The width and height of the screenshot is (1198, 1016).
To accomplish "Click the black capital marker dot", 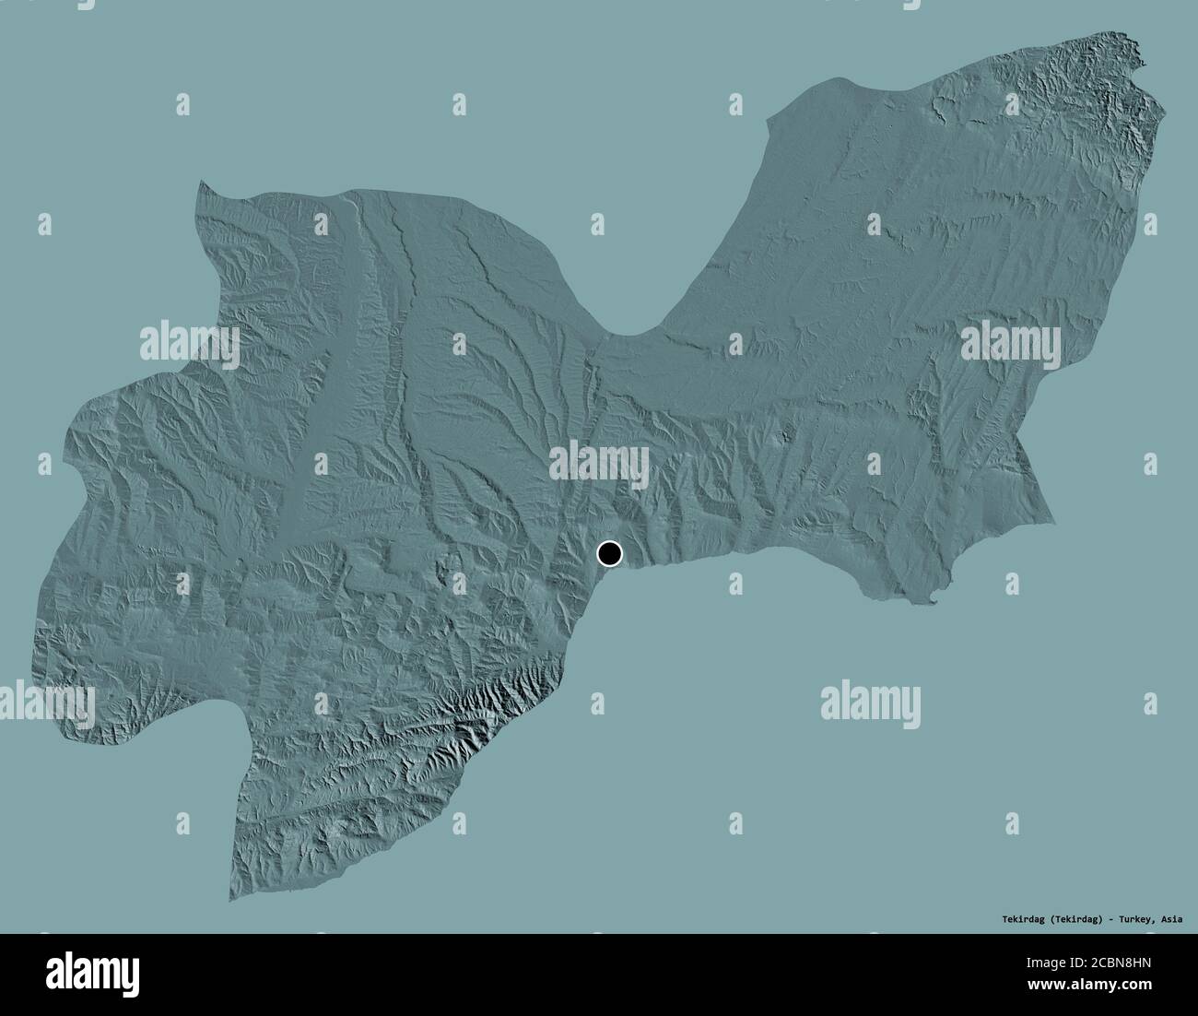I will (x=609, y=554).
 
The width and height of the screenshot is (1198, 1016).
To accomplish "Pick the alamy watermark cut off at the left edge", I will (x=46, y=703).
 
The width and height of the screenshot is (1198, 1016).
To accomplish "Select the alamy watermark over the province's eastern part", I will (x=1010, y=342).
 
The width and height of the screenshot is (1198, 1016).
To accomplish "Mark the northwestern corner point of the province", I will (x=199, y=183).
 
